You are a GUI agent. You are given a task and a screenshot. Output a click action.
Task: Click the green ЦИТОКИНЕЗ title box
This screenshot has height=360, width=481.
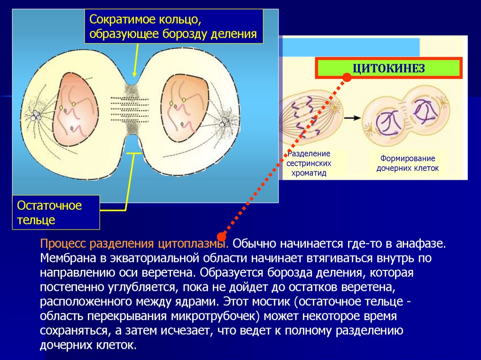pyautogui.click(x=388, y=69)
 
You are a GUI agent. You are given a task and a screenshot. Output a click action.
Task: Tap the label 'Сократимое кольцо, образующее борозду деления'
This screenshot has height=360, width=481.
pyautogui.click(x=173, y=27)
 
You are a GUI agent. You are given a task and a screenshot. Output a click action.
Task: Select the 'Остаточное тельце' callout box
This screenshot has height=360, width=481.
pyautogui.click(x=56, y=213)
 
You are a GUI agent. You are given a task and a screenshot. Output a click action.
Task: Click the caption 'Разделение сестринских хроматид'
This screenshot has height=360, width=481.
pyautogui.click(x=309, y=163)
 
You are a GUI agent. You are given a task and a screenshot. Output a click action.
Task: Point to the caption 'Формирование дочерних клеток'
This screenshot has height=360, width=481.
pyautogui.click(x=407, y=163)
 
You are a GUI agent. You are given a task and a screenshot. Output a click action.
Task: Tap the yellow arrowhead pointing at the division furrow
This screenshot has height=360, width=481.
pyautogui.click(x=135, y=74)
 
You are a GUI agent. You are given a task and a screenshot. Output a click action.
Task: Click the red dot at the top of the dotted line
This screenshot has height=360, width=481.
pyautogui.click(x=347, y=78)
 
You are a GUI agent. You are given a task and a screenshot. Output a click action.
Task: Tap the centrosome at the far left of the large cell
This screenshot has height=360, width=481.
pyautogui.click(x=36, y=115)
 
